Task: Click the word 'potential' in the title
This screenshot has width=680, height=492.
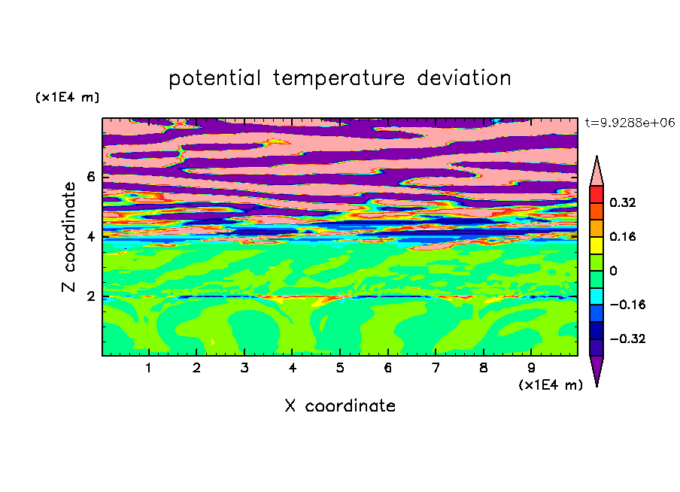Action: pyautogui.click(x=214, y=78)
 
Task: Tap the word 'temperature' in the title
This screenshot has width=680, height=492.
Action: pyautogui.click(x=338, y=78)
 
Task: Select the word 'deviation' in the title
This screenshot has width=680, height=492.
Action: pyautogui.click(x=464, y=77)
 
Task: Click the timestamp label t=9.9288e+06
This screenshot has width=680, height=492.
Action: pyautogui.click(x=630, y=123)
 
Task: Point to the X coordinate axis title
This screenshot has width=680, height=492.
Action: pyautogui.click(x=340, y=405)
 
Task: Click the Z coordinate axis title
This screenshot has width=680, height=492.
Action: pyautogui.click(x=68, y=237)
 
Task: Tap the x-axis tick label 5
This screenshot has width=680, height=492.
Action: pyautogui.click(x=340, y=368)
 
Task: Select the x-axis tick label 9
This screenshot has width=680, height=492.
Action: pyautogui.click(x=531, y=368)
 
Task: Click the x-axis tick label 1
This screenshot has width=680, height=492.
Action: pyautogui.click(x=149, y=368)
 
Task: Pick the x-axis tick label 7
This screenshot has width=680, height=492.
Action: pyautogui.click(x=436, y=368)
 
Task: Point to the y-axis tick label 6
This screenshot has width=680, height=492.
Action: pyautogui.click(x=90, y=177)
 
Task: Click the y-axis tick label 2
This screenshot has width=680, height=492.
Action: pyautogui.click(x=90, y=296)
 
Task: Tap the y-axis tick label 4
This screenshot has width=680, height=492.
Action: pyautogui.click(x=90, y=237)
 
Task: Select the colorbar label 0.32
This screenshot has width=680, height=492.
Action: pyautogui.click(x=622, y=202)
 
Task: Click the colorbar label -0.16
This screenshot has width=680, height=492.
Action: pyautogui.click(x=627, y=305)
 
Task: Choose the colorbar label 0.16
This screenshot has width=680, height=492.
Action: pyautogui.click(x=622, y=236)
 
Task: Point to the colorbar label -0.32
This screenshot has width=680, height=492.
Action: pyautogui.click(x=627, y=339)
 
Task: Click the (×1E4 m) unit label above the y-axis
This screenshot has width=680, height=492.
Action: pyautogui.click(x=67, y=97)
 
